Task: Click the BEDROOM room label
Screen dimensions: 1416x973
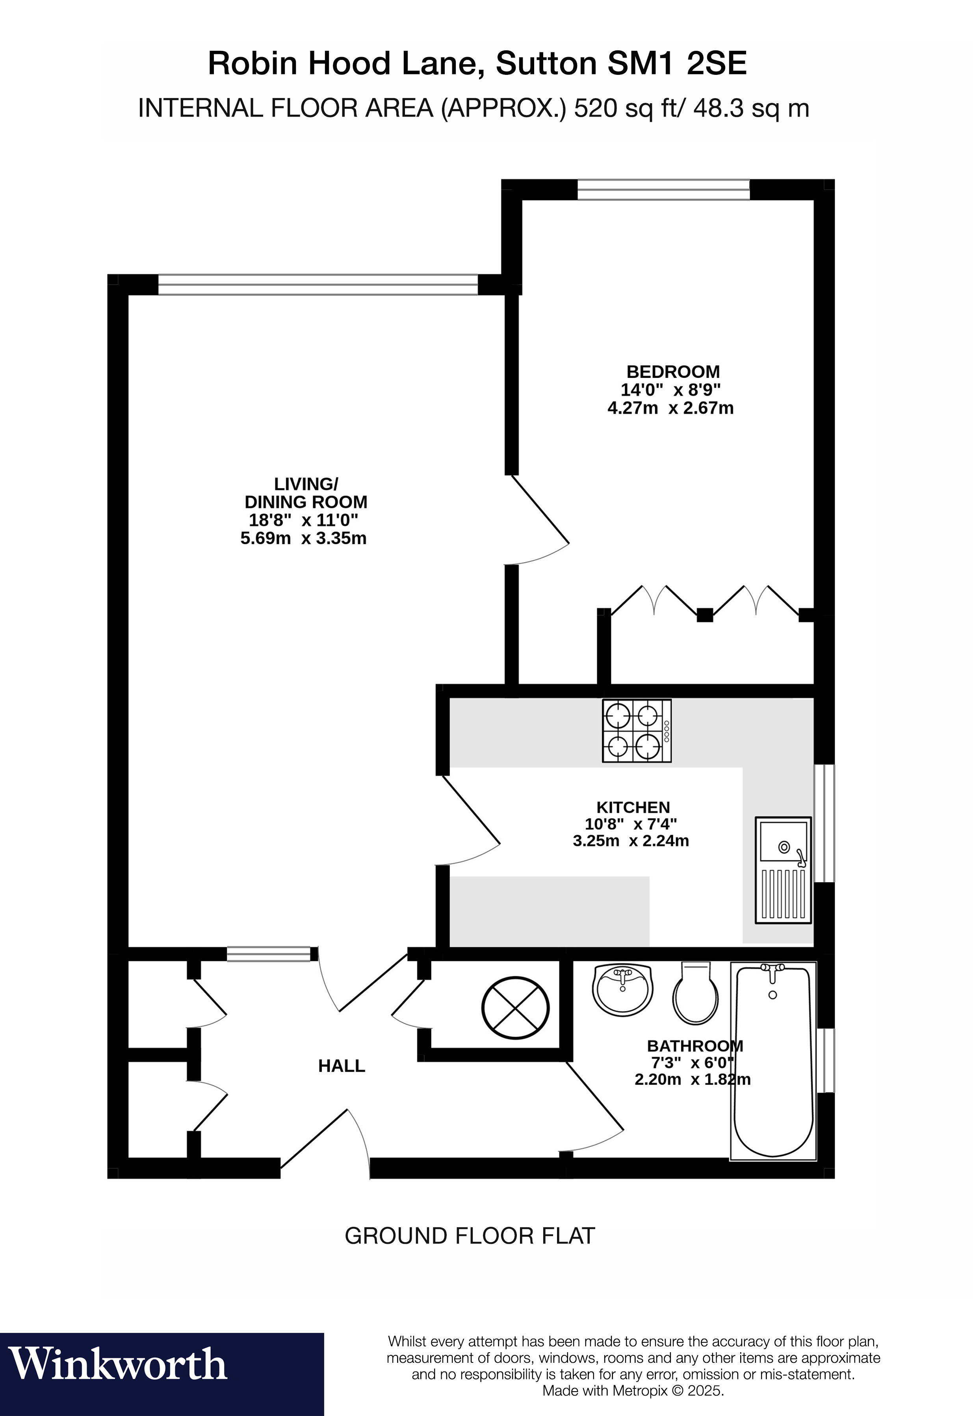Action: click(x=673, y=372)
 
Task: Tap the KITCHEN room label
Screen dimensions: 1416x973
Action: click(x=633, y=808)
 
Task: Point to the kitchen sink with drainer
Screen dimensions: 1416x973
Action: click(x=784, y=870)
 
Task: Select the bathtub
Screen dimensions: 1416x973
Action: click(x=773, y=1061)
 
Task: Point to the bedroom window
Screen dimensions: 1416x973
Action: click(x=663, y=190)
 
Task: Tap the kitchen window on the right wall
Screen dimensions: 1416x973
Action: click(x=824, y=823)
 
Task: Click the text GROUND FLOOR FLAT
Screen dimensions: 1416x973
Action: click(x=470, y=1236)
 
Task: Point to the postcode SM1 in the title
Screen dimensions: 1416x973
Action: click(x=644, y=63)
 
